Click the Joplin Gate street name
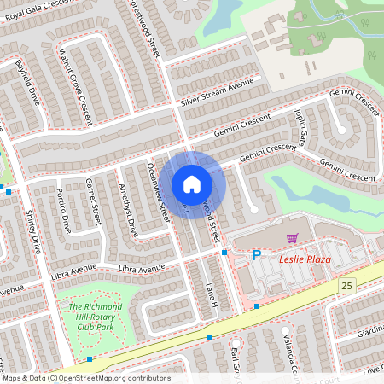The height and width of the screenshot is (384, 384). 300,125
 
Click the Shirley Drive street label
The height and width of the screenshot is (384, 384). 32,231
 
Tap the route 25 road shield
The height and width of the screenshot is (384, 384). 345,284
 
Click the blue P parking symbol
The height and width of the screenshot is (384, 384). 256,255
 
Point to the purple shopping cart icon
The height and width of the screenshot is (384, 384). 292,238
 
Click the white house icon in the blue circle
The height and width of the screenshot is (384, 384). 192,184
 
